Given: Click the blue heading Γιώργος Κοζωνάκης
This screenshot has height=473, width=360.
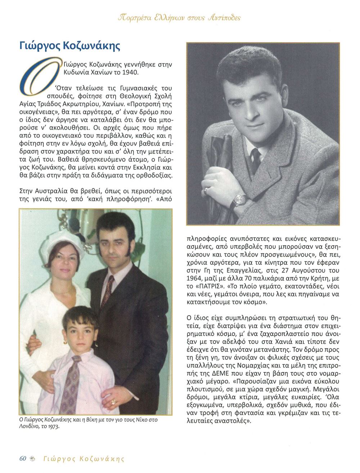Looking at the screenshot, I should click(x=69, y=46).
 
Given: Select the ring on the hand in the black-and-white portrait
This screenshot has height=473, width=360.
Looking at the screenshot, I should click(x=206, y=189).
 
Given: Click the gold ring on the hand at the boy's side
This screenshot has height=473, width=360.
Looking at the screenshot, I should click(x=113, y=401).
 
